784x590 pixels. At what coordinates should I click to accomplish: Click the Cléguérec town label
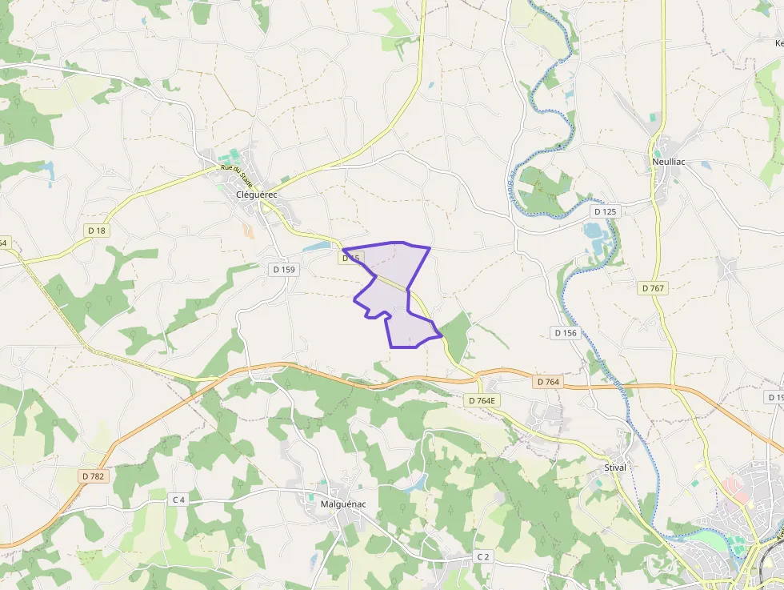[x=256, y=194]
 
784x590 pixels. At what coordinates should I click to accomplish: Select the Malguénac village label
[x=342, y=504]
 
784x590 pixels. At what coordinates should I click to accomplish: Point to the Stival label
[x=615, y=467]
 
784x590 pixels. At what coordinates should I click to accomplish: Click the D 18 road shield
[x=96, y=231]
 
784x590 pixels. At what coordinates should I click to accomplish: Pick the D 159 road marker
[x=284, y=270]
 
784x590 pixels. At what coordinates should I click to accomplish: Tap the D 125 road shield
[x=606, y=211]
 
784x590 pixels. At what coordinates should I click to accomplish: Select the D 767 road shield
[x=654, y=287]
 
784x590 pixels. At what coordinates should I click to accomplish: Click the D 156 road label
[x=565, y=332]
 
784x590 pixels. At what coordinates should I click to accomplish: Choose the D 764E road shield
[x=483, y=399]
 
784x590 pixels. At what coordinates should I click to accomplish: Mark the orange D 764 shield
[x=548, y=382]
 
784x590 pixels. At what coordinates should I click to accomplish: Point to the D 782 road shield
[x=93, y=476]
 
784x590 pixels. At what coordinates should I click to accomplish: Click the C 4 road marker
[x=178, y=500]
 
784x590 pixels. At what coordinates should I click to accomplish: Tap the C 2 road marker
[x=482, y=556]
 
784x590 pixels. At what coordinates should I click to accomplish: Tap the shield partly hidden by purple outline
[x=351, y=258]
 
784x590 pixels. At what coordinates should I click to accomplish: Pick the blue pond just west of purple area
[x=317, y=247]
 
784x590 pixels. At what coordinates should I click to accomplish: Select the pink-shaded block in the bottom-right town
[x=733, y=486]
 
